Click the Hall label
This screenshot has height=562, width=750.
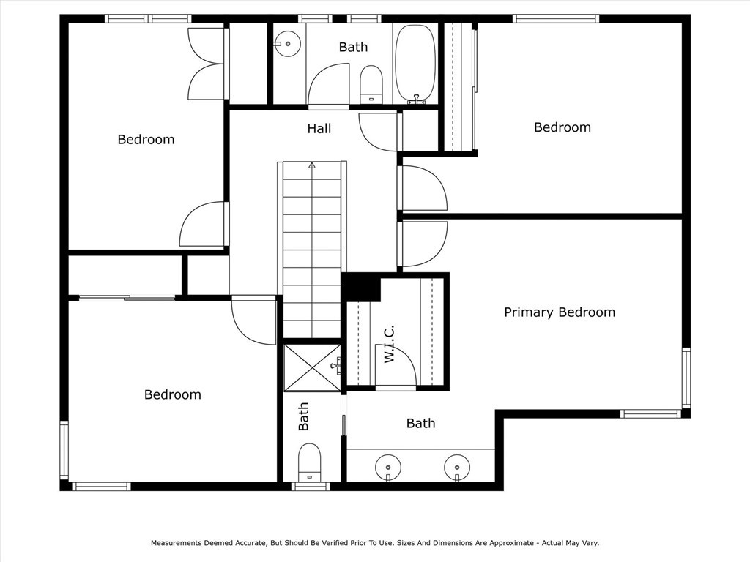319,129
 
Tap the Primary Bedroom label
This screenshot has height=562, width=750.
559,312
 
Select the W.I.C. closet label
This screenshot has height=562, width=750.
390,344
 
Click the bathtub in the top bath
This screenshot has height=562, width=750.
415,63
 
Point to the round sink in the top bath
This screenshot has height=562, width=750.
288,44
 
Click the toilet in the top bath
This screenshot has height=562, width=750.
371,83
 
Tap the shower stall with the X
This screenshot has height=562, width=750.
312,367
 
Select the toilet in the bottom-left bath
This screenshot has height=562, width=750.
309,462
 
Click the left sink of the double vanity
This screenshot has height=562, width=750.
387,465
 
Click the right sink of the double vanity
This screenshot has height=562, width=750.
457,465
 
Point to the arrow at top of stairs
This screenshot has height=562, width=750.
312,165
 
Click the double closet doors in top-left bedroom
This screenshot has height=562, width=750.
207,64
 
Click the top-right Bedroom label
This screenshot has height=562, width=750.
562,127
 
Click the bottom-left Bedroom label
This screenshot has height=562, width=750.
172,394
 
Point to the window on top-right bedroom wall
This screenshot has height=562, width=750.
556,19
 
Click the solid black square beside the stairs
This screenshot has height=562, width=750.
361,287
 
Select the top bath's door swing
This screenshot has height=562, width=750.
327,86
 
